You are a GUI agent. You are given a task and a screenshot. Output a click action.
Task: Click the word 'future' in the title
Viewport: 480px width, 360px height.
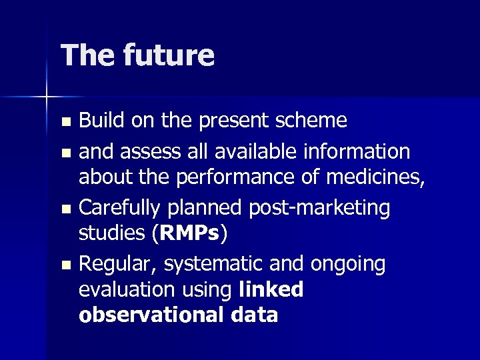[x=169, y=55]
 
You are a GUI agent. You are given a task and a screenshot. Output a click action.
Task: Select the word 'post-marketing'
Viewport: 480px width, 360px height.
[x=319, y=207]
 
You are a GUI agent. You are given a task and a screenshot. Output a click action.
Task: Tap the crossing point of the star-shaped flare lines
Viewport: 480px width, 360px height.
[x=46, y=97]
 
